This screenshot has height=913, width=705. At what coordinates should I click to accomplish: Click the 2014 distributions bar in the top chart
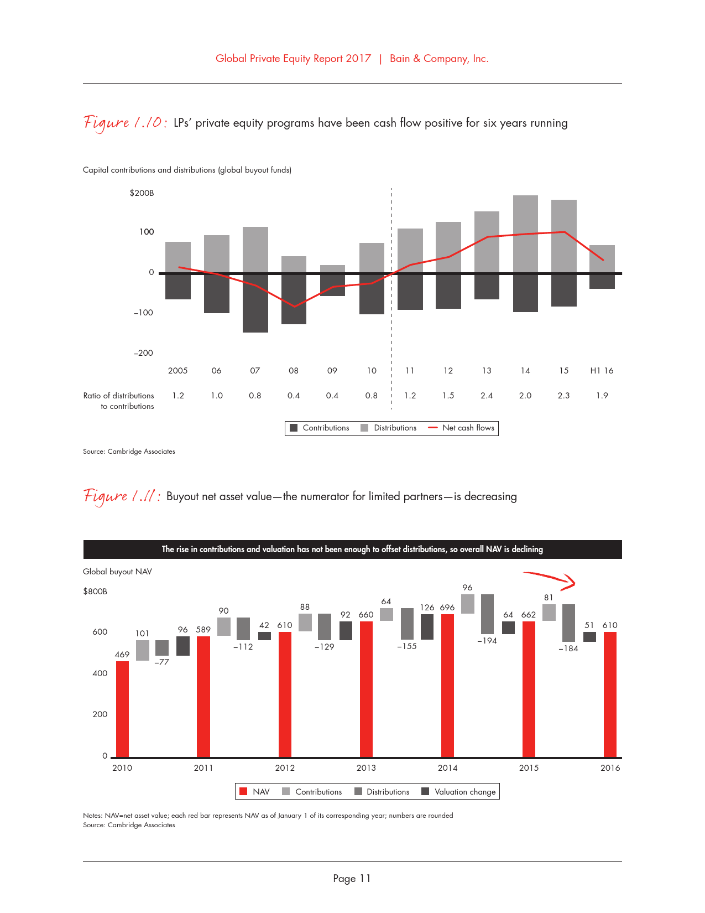point(525,234)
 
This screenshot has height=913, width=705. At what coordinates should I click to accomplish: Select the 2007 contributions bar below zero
point(255,303)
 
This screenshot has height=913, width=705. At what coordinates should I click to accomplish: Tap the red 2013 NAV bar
point(366,689)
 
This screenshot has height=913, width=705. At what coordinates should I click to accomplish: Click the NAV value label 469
point(122,655)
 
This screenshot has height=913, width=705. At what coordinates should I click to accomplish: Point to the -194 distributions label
point(487,641)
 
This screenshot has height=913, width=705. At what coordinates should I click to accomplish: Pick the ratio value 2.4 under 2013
point(487,396)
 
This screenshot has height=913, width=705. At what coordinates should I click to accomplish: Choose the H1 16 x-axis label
point(602,371)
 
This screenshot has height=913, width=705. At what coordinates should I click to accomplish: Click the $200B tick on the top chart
point(142,193)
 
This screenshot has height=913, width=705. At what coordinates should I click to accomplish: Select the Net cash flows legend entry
point(462,428)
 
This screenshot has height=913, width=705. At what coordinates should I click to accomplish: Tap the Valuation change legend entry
point(458,792)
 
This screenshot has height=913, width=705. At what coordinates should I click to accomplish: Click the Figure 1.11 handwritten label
point(122,496)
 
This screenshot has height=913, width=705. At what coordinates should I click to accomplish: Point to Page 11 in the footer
point(352,878)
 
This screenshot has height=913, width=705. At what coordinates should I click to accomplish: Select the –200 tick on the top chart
point(143,353)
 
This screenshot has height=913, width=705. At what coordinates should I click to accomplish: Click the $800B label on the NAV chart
point(95,592)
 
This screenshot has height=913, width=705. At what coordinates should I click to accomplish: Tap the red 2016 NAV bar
point(610,694)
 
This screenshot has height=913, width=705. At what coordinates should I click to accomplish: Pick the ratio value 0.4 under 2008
point(294,396)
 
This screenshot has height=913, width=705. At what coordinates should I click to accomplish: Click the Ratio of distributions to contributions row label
point(119,401)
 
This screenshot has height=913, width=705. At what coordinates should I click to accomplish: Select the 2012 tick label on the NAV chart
point(285,768)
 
